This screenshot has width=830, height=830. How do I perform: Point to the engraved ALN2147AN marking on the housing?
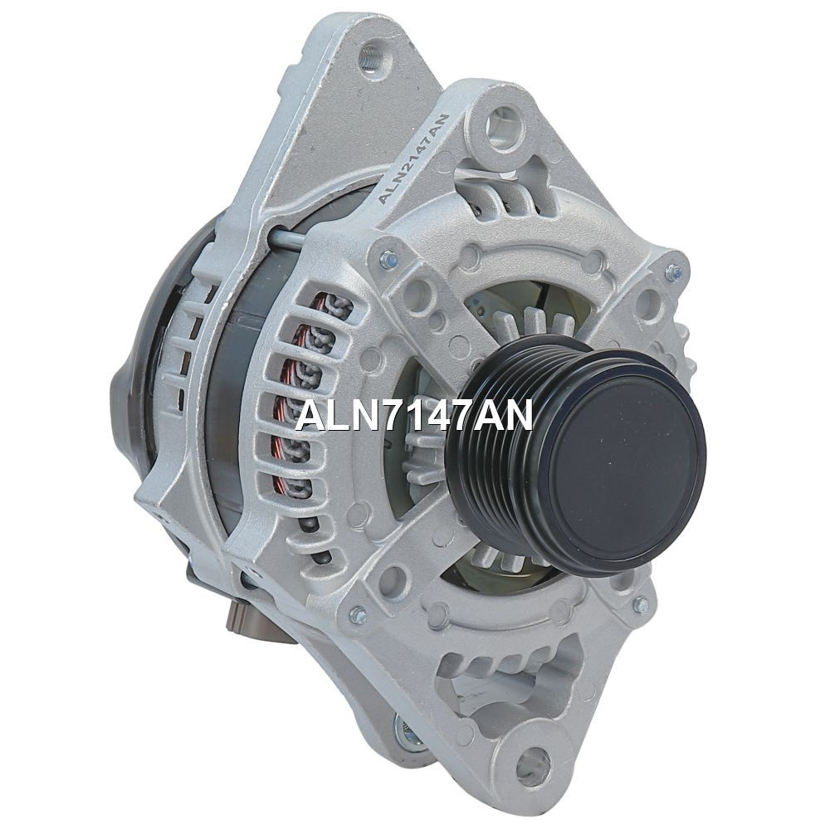[x=413, y=159]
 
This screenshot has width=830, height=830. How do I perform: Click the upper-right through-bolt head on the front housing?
[x=673, y=273]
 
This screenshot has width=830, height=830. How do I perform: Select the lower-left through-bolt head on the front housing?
[x=359, y=614]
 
